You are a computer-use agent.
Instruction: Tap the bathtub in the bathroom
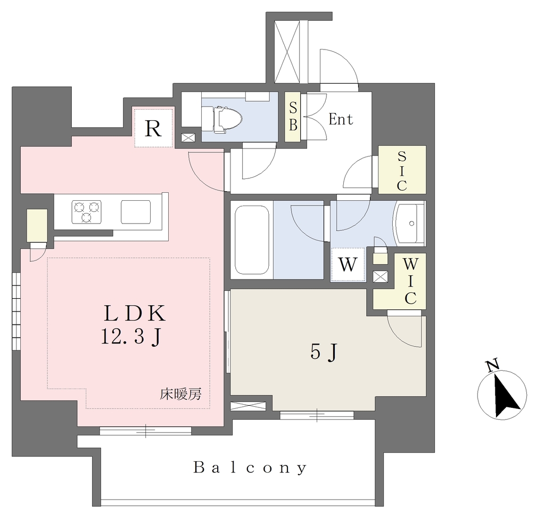[252, 240]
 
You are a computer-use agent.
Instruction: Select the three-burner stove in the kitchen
[87, 212]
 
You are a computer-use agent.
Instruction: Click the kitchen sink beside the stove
[136, 212]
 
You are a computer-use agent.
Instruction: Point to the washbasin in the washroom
[409, 223]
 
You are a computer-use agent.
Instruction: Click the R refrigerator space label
[153, 129]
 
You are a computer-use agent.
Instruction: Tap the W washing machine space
[348, 265]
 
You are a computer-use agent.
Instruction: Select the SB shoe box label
[293, 117]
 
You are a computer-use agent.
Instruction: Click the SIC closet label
[402, 171]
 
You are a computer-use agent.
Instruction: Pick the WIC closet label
[410, 281]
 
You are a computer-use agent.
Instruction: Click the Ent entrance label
[341, 119]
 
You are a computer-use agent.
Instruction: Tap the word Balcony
[250, 468]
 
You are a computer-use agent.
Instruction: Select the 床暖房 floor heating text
[181, 394]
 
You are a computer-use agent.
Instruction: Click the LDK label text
[135, 313]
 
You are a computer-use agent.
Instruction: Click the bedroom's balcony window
[317, 415]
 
